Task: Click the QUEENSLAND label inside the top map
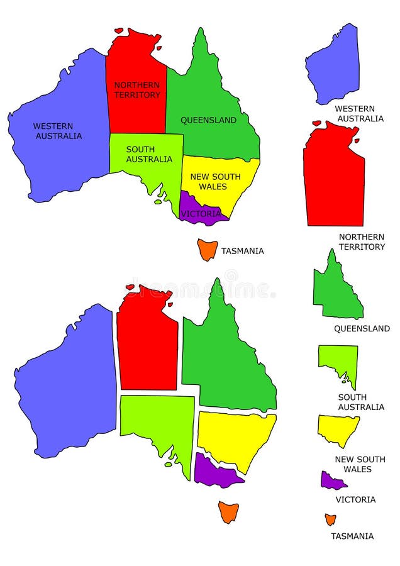pyautogui.click(x=209, y=120)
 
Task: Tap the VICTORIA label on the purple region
pyautogui.click(x=201, y=214)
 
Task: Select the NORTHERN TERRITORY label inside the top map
pyautogui.click(x=137, y=90)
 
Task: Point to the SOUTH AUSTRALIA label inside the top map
pyautogui.click(x=149, y=154)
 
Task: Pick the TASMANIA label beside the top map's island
pyautogui.click(x=242, y=251)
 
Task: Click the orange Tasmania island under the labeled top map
pyautogui.click(x=207, y=250)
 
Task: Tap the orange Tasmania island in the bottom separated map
pyautogui.click(x=228, y=511)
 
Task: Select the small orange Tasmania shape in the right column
pyautogui.click(x=330, y=519)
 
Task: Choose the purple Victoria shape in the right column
pyautogui.click(x=331, y=481)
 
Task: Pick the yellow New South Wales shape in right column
pyautogui.click(x=338, y=429)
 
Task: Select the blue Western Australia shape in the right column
pyautogui.click(x=334, y=66)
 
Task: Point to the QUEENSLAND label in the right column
pyautogui.click(x=362, y=328)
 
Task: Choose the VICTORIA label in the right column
pyautogui.click(x=355, y=499)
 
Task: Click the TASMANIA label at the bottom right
pyautogui.click(x=352, y=536)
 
